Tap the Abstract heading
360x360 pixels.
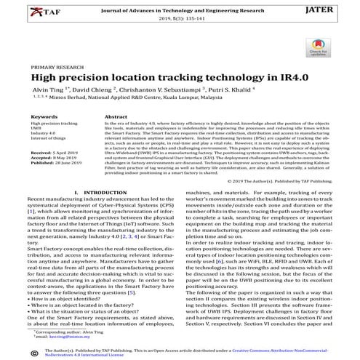tap(117, 116)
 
